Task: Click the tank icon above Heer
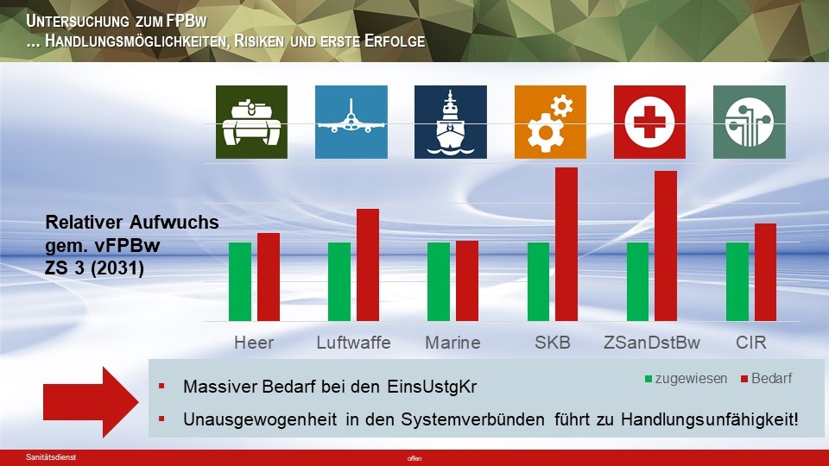[251, 122]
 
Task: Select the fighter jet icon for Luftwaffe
[351, 122]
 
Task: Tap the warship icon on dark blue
[451, 122]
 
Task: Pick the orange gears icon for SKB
[550, 122]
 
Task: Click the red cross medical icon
[649, 122]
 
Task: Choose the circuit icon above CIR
[750, 122]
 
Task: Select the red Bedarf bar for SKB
[566, 244]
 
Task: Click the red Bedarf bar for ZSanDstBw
[666, 246]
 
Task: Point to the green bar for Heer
[240, 281]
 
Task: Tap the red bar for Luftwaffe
[368, 265]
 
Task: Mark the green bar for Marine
[439, 281]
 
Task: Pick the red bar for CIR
[766, 272]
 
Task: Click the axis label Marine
[453, 343]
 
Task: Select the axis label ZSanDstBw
[652, 343]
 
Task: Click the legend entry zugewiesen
[687, 378]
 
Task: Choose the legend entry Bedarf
[767, 378]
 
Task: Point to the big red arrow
[91, 402]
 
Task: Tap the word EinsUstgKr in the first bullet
[432, 387]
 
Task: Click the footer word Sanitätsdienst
[51, 457]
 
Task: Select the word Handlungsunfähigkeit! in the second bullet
[710, 419]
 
